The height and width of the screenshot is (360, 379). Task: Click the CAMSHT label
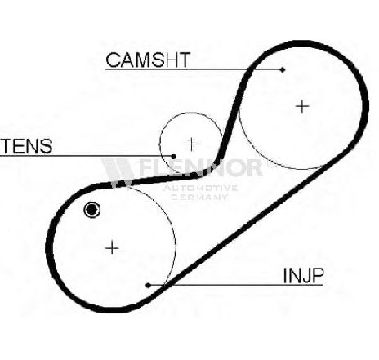pyautogui.click(x=148, y=60)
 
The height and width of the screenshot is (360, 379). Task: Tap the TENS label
pyautogui.click(x=27, y=146)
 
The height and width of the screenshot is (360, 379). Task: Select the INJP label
pyautogui.click(x=304, y=275)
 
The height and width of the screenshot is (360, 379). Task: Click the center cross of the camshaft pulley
pyautogui.click(x=302, y=106)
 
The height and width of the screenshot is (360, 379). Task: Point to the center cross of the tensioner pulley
pyautogui.click(x=191, y=144)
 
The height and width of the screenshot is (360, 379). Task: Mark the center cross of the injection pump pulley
pyautogui.click(x=112, y=248)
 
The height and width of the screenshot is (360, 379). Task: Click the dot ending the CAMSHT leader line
pyautogui.click(x=283, y=70)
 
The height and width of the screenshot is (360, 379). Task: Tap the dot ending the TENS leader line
pyautogui.click(x=174, y=157)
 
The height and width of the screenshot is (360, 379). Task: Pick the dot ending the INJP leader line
pyautogui.click(x=148, y=285)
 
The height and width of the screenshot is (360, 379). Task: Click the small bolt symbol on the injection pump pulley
pyautogui.click(x=91, y=210)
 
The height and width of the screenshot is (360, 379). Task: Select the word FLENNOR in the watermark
pyautogui.click(x=201, y=167)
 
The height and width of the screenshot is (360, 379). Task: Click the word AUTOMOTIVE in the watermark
pyautogui.click(x=200, y=188)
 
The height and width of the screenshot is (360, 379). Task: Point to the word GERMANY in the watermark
pyautogui.click(x=199, y=197)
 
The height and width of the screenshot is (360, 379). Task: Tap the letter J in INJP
pyautogui.click(x=303, y=275)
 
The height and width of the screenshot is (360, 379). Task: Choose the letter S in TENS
pyautogui.click(x=46, y=146)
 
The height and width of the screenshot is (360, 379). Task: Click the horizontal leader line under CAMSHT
pyautogui.click(x=194, y=70)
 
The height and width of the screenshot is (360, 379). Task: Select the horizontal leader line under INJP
pyautogui.click(x=235, y=285)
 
